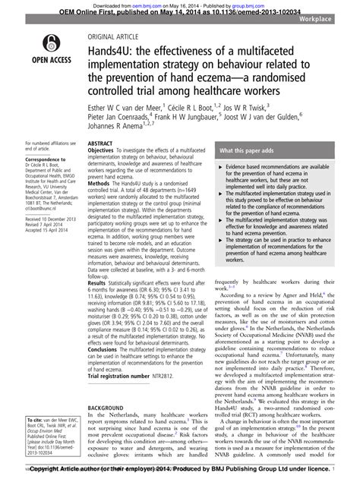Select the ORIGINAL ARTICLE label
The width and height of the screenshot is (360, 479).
(x=113, y=36)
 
